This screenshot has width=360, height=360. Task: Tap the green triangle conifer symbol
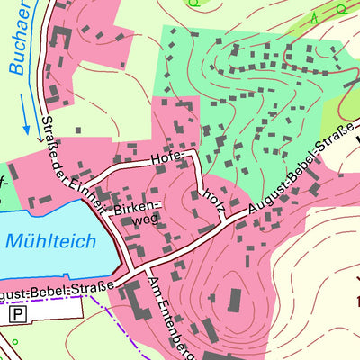pyautogui.click(x=314, y=17)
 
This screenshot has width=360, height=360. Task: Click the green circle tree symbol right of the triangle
pyautogui.click(x=339, y=8)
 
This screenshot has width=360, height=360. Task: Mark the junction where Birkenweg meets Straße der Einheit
pyautogui.click(x=100, y=215)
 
